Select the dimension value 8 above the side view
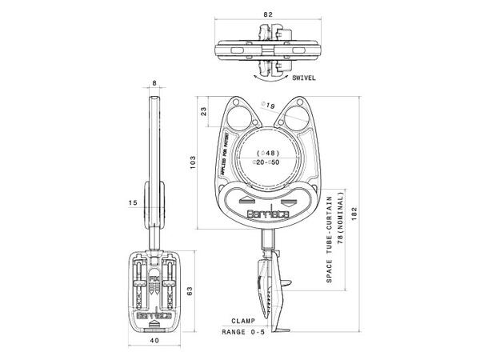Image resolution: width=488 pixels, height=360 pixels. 154,82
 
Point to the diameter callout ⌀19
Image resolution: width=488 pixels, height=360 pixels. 270,106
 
